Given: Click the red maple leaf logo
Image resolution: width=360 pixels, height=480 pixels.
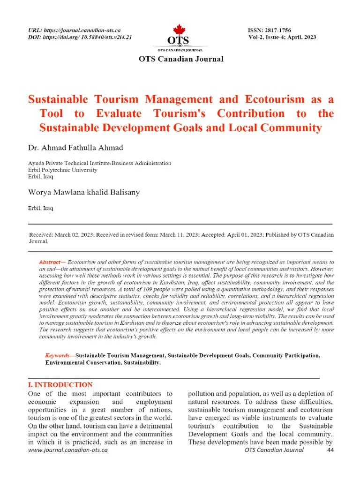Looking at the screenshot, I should point(180,29).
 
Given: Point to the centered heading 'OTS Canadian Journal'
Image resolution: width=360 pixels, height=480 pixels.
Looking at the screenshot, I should point(180,59).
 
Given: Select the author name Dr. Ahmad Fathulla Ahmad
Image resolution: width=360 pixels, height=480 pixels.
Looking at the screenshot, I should point(75,148).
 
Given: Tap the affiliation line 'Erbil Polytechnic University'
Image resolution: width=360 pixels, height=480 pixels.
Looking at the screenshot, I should point(63,170).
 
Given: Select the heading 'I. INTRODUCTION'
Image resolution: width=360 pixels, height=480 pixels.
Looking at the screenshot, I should point(60,384).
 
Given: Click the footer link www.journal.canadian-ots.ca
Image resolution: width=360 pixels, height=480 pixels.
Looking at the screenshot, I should point(68,450).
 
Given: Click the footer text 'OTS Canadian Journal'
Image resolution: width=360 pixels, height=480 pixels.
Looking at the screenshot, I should point(274,450).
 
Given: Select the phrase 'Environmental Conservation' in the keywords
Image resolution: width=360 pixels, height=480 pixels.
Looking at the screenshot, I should point(86,362).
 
